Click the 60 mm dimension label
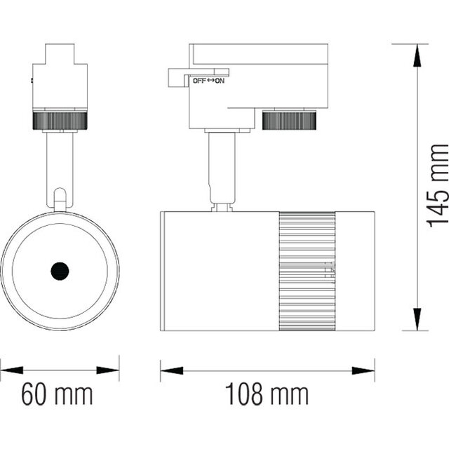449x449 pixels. (x=57, y=395)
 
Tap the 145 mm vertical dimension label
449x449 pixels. (x=438, y=185)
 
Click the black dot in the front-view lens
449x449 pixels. (x=59, y=270)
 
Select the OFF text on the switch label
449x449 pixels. (x=200, y=81)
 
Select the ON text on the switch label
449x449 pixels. (x=220, y=81)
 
